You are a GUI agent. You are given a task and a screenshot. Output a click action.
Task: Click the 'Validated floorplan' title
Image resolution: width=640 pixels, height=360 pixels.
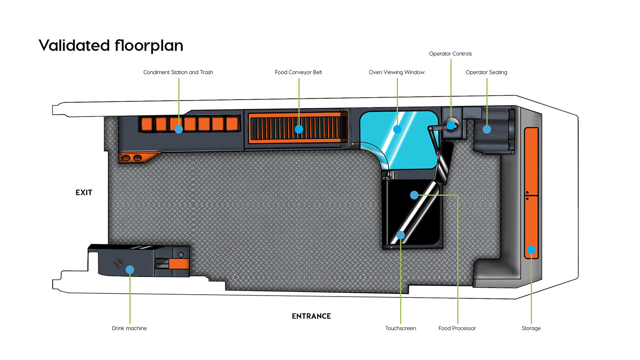point(111,46)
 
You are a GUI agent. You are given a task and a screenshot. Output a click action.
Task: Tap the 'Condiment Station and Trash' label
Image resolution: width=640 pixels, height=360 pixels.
point(178,72)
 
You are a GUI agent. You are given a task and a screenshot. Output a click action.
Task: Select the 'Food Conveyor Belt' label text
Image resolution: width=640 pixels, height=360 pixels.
point(299,72)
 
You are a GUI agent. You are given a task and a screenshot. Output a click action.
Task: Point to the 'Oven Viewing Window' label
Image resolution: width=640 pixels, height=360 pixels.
point(397,72)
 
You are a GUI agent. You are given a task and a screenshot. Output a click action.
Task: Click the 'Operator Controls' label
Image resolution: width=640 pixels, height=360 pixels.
point(450,54)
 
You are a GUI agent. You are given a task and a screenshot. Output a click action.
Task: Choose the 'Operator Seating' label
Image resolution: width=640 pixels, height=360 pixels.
point(486,72)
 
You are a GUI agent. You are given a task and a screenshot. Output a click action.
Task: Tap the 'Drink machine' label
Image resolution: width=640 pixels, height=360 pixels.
point(129,328)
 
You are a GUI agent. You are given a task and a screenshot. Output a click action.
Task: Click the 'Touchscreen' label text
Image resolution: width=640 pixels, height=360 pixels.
point(400,328)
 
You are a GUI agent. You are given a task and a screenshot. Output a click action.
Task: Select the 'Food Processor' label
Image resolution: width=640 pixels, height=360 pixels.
point(457,328)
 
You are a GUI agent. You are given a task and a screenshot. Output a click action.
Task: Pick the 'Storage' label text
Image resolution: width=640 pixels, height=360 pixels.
point(531,328)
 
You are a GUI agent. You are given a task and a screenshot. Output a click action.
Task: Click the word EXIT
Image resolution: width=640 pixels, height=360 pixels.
point(84,193)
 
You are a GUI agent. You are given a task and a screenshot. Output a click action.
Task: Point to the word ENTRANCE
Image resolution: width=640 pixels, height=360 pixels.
point(311,316)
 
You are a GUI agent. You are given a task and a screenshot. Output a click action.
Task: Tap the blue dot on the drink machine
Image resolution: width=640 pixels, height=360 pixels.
point(130,270)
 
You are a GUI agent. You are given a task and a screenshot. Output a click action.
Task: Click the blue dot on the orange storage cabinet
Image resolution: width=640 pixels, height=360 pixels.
point(531,249)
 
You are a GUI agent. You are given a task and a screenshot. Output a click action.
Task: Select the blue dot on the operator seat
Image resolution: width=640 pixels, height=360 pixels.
point(487,129)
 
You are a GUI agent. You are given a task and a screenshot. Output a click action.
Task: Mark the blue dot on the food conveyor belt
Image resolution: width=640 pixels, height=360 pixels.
point(299,129)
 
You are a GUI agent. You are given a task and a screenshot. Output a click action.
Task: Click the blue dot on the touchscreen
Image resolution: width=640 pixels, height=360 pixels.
point(401,235)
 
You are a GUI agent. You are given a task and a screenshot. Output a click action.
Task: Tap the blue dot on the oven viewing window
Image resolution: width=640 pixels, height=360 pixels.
point(397,129)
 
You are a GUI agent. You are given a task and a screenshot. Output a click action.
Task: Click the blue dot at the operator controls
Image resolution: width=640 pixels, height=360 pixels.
point(451,124)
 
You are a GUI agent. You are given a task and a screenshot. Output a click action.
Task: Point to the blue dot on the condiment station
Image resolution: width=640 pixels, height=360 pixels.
point(179,129)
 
